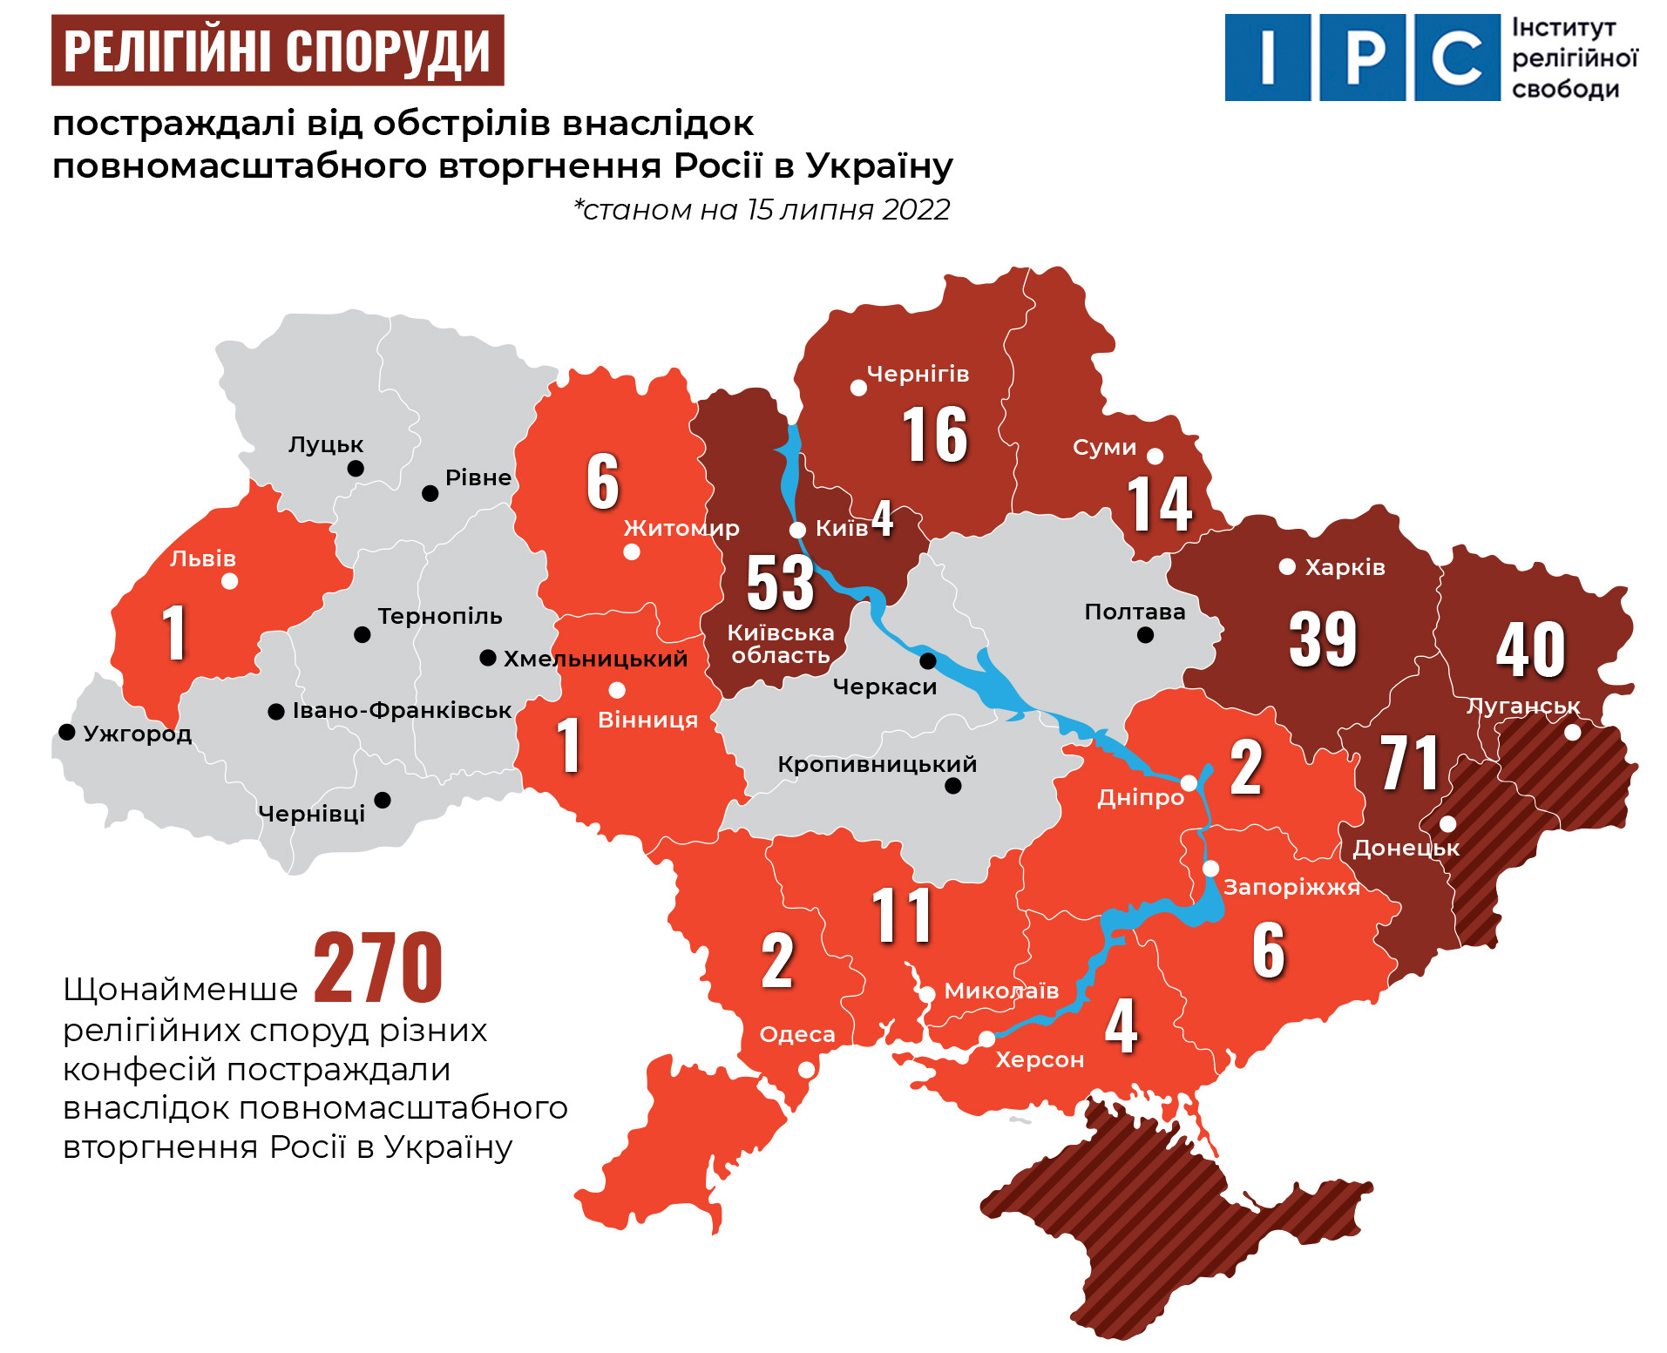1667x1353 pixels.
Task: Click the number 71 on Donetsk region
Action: click(1409, 764)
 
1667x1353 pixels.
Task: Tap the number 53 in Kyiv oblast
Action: click(780, 583)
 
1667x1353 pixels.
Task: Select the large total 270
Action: click(377, 968)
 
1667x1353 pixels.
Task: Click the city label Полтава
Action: click(1135, 612)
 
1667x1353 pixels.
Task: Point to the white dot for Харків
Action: click(1287, 567)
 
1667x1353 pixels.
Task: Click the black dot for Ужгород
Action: click(67, 732)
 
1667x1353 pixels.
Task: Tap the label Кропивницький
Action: click(877, 764)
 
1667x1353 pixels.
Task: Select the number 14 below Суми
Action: click(1159, 504)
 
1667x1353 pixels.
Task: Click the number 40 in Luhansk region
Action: click(1530, 650)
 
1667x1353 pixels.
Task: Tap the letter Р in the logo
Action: click(1362, 58)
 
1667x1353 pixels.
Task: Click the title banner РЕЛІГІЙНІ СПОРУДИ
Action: click(277, 51)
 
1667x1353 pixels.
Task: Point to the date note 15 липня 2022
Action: click(762, 210)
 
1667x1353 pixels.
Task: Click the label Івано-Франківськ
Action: click(401, 710)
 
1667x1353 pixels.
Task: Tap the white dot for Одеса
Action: click(807, 1069)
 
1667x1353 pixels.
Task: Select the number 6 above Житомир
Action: click(603, 481)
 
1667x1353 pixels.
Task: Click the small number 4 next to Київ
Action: click(883, 519)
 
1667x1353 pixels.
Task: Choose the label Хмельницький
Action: click(595, 659)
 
